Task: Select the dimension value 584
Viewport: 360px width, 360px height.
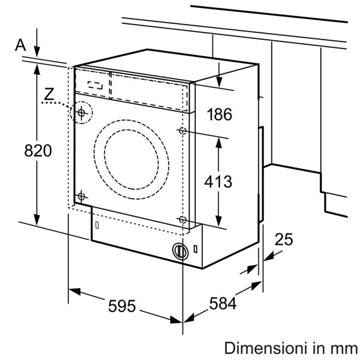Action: click(x=223, y=304)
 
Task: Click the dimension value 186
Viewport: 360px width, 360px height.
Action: click(x=219, y=115)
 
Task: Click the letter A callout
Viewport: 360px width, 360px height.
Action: click(x=21, y=44)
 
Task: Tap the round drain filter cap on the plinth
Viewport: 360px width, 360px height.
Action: click(x=179, y=251)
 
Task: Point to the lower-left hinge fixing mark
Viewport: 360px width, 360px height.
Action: click(x=82, y=195)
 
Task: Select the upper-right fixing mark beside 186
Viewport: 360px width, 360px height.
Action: click(x=182, y=130)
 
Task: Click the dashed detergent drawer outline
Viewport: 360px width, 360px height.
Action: click(x=96, y=84)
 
